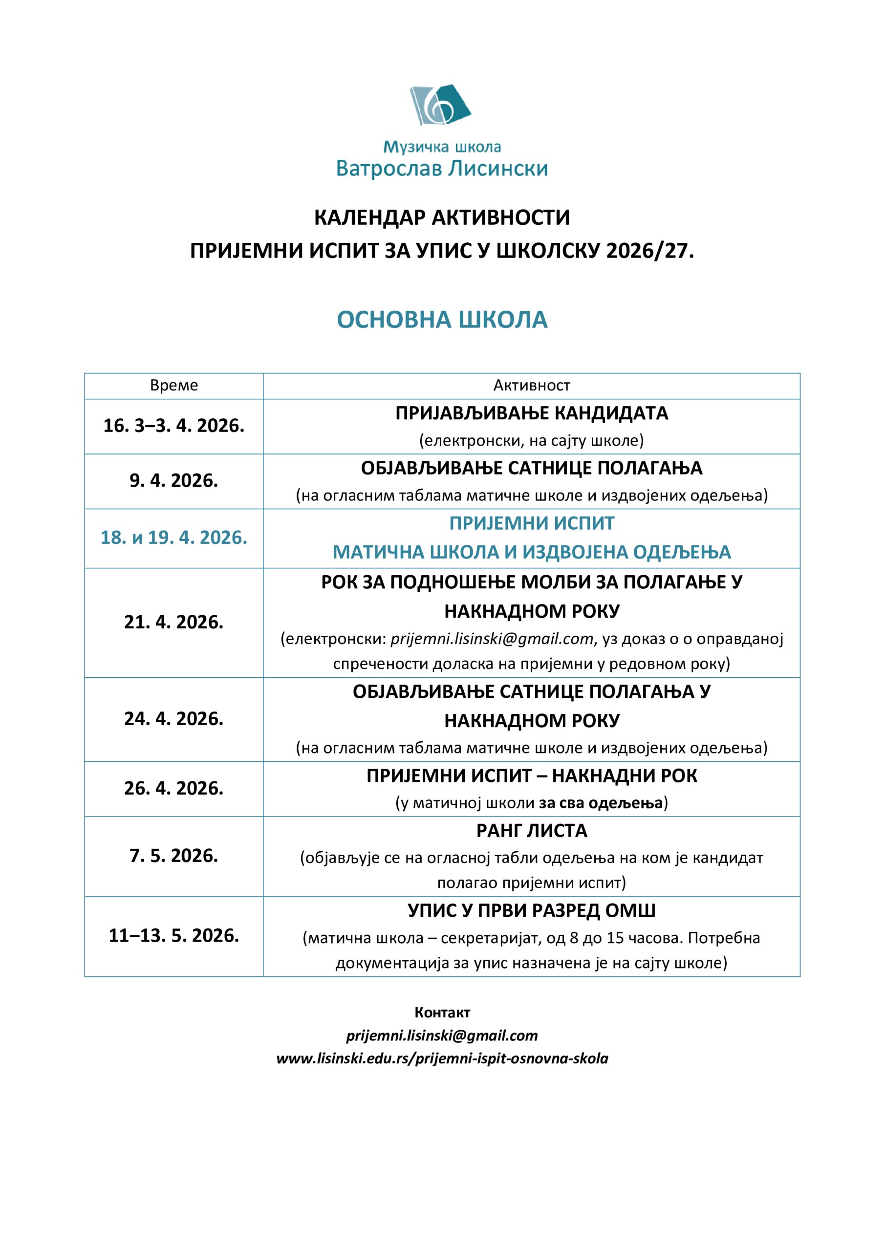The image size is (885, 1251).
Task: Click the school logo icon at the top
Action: coord(440,105)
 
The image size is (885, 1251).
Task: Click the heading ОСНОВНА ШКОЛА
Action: coord(442,320)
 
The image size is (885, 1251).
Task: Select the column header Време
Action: coord(174,386)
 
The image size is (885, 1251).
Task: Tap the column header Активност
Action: coord(531,386)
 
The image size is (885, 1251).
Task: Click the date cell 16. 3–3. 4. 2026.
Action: coord(174,426)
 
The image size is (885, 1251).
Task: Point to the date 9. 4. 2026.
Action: coord(174,480)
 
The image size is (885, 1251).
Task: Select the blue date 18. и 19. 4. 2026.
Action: coord(174,538)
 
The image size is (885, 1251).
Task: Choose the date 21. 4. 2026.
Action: coord(174,622)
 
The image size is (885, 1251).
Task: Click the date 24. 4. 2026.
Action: coord(174,719)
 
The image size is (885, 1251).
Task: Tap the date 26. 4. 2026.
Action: coord(174,788)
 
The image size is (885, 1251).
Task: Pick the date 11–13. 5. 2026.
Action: coord(174,935)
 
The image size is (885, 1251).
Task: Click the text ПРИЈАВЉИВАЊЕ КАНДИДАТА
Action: coord(531,413)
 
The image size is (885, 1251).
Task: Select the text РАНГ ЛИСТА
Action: coord(531,830)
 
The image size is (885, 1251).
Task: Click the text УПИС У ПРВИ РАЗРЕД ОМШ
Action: coord(531,910)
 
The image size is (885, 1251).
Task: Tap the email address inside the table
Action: coord(492,639)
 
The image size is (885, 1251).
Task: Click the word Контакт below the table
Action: coord(442,1013)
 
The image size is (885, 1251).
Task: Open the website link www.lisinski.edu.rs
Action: coord(442,1058)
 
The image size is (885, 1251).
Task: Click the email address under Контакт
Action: coord(442,1035)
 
